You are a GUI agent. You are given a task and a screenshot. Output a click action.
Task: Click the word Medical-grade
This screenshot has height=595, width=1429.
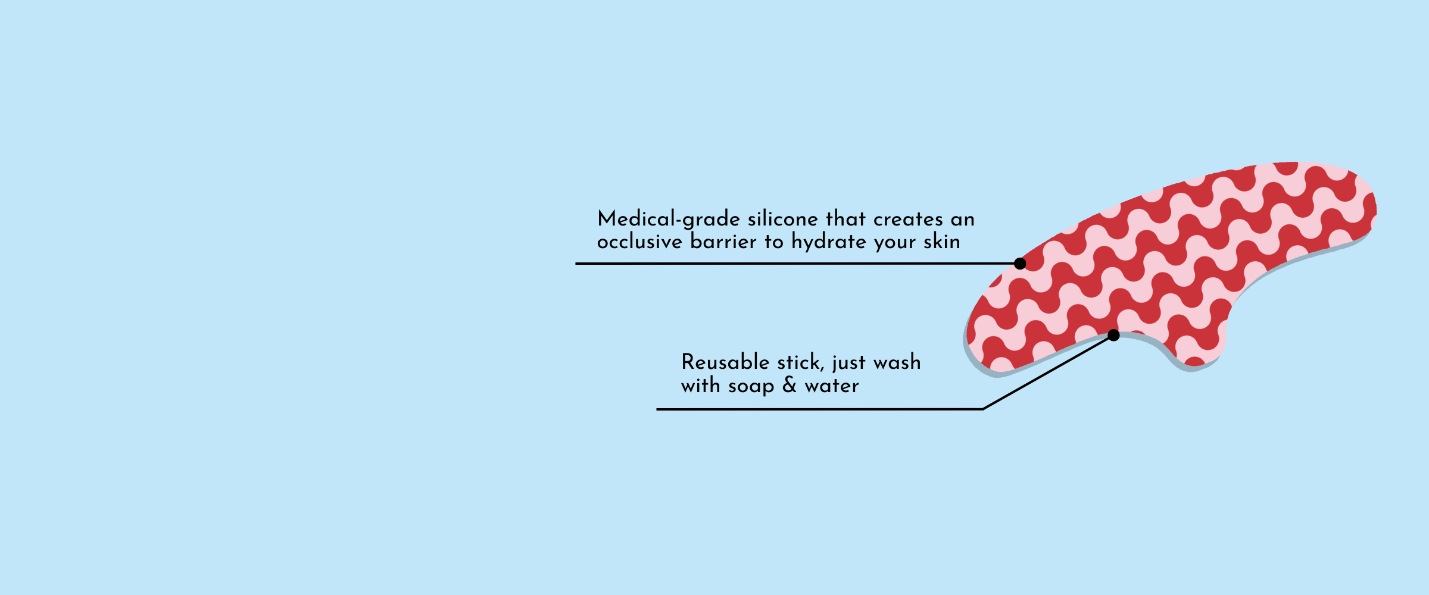[x=669, y=219]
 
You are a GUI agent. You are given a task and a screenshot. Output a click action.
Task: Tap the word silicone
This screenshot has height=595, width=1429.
[x=783, y=219]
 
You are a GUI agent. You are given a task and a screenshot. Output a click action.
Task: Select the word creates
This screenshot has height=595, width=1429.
[x=908, y=220]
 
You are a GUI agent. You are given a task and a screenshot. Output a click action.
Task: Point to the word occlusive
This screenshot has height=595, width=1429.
[x=639, y=242]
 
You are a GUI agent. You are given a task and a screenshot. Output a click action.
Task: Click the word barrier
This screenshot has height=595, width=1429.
[x=723, y=242]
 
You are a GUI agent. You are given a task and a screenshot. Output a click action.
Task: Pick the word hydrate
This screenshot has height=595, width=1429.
[x=829, y=242]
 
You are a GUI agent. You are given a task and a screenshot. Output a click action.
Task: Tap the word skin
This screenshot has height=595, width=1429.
[x=942, y=242]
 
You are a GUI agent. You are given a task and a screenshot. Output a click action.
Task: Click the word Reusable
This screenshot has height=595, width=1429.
[x=726, y=362]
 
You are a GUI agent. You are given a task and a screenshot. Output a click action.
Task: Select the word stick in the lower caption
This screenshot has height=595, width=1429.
[x=798, y=362]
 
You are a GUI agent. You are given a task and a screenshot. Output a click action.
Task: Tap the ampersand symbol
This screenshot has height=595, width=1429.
[x=790, y=385]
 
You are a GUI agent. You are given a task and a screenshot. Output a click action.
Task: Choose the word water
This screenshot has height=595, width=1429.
[x=832, y=386]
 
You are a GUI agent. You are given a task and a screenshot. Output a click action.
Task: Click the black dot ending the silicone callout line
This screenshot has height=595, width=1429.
[x=1020, y=264]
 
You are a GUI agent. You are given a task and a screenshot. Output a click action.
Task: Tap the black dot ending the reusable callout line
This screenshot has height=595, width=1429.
[x=1113, y=336]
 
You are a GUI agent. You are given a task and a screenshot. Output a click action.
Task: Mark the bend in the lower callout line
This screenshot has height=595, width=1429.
[x=982, y=409]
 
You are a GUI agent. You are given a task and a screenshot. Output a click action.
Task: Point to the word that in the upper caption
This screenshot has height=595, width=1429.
[x=846, y=219]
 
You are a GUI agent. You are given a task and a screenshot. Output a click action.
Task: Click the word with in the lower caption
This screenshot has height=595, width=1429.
[x=701, y=385]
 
